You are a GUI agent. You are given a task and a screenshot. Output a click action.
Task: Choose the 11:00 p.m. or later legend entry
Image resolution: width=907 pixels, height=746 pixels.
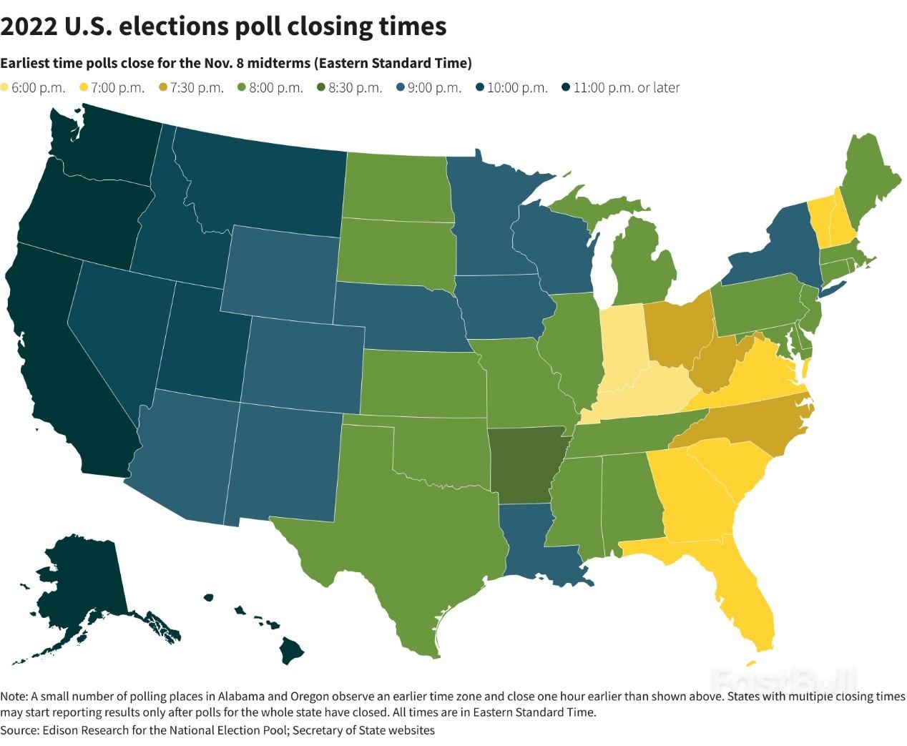619,88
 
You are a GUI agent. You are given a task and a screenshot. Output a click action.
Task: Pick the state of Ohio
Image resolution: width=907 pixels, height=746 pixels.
680,329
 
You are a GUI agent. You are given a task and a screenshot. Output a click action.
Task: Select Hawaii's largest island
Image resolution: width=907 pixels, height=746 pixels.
291,650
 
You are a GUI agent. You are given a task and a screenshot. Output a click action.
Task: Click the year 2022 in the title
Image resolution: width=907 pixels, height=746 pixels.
28,26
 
